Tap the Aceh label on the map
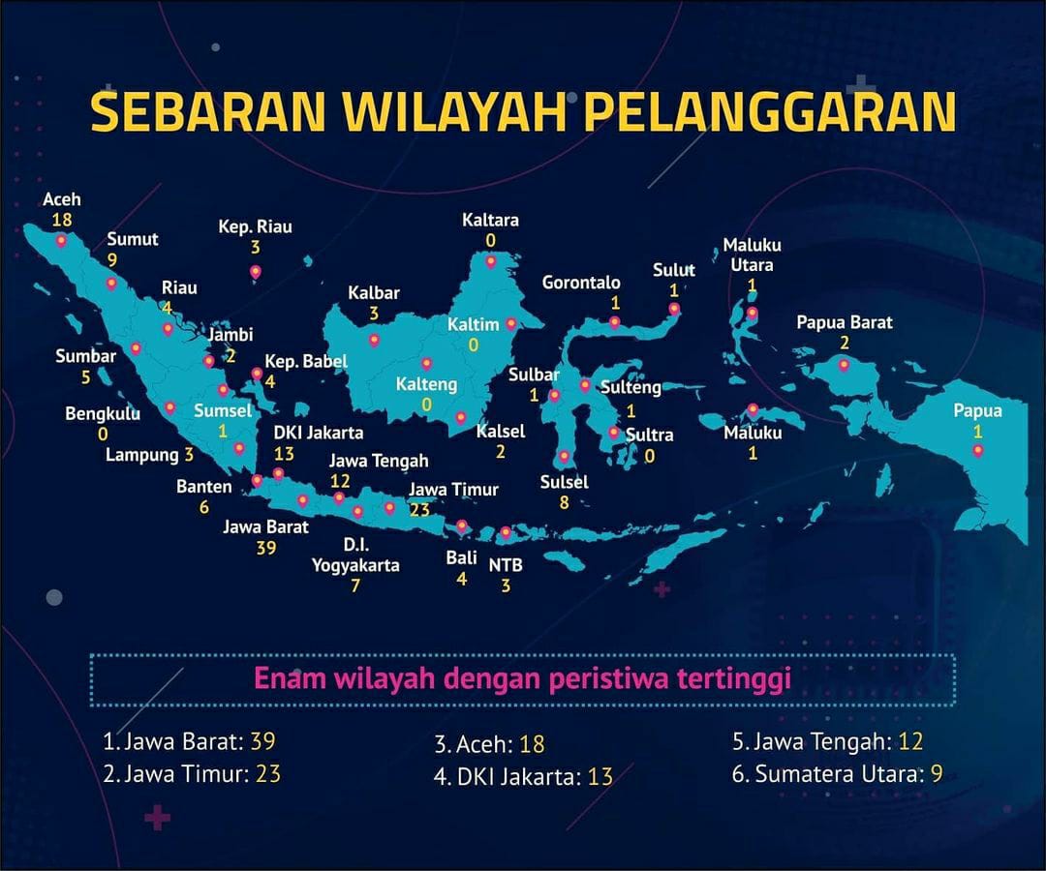(62, 199)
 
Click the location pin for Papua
(978, 450)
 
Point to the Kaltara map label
(490, 220)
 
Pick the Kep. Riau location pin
(256, 272)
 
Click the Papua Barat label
(844, 322)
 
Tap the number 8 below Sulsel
(564, 502)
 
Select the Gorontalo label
(581, 283)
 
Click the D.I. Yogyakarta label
(355, 556)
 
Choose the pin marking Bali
(462, 527)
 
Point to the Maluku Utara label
(752, 255)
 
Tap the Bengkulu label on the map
(103, 414)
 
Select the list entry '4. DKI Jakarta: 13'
(523, 775)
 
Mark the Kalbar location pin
(374, 340)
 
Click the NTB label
(506, 565)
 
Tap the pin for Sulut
(674, 310)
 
